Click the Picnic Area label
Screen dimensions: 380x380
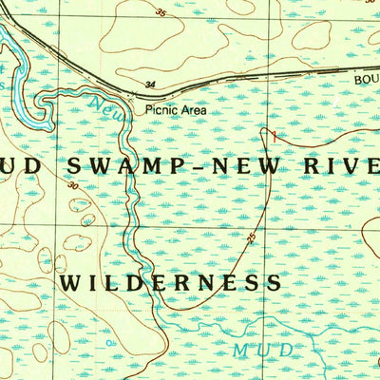[176, 110]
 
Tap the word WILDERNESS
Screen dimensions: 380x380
[170, 283]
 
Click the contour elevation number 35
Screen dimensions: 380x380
[159, 13]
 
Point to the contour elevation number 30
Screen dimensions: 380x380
[73, 187]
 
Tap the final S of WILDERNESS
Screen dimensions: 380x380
[274, 283]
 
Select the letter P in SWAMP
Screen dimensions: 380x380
[185, 166]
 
